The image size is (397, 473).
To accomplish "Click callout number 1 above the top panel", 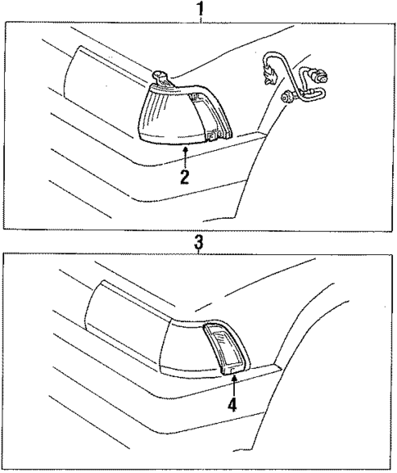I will point(198,9).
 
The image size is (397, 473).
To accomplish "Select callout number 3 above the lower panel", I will point(198,243).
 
